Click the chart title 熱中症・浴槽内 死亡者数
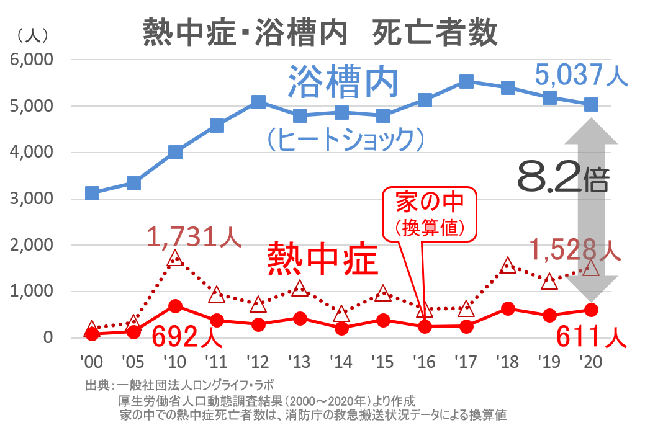tap(320, 32)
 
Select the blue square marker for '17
tap(467, 81)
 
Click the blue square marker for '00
tap(92, 194)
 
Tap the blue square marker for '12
tap(259, 102)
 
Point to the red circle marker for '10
tap(175, 306)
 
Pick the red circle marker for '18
tap(508, 309)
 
